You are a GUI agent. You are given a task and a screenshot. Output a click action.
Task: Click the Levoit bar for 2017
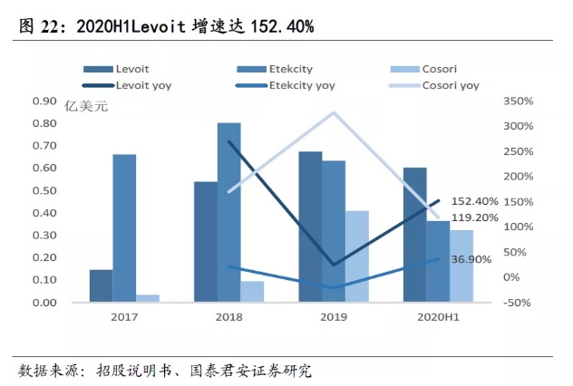tap(101, 285)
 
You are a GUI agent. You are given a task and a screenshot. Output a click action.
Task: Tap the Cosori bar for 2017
tap(148, 298)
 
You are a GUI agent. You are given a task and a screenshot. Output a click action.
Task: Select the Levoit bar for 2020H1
tap(414, 235)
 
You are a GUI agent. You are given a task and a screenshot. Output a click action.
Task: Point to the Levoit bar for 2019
tap(310, 227)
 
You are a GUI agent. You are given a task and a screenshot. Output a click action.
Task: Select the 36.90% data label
tap(471, 259)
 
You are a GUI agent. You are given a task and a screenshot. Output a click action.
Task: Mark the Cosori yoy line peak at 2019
tap(334, 112)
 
